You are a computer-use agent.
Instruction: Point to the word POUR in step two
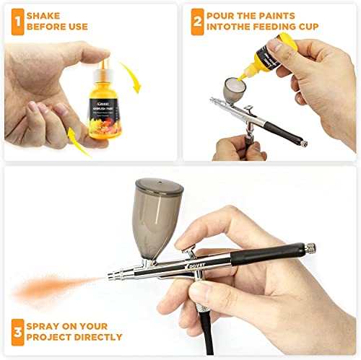click(x=221, y=15)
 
